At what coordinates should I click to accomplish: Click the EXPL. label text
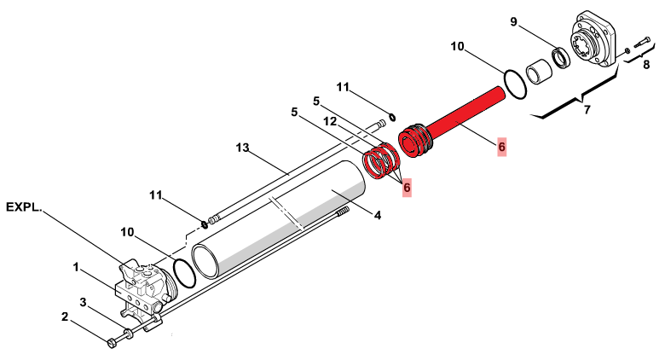tap(24, 207)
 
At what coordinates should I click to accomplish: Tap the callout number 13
tap(243, 148)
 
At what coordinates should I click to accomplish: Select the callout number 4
tap(378, 215)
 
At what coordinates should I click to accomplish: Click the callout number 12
tap(330, 122)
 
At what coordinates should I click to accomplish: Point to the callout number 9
tap(513, 21)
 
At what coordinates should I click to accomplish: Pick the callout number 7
tap(587, 110)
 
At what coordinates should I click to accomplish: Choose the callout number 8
tap(646, 65)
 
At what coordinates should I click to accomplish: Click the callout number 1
tap(76, 268)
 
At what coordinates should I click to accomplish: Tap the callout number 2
tap(65, 316)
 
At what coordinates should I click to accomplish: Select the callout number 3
tap(84, 302)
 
